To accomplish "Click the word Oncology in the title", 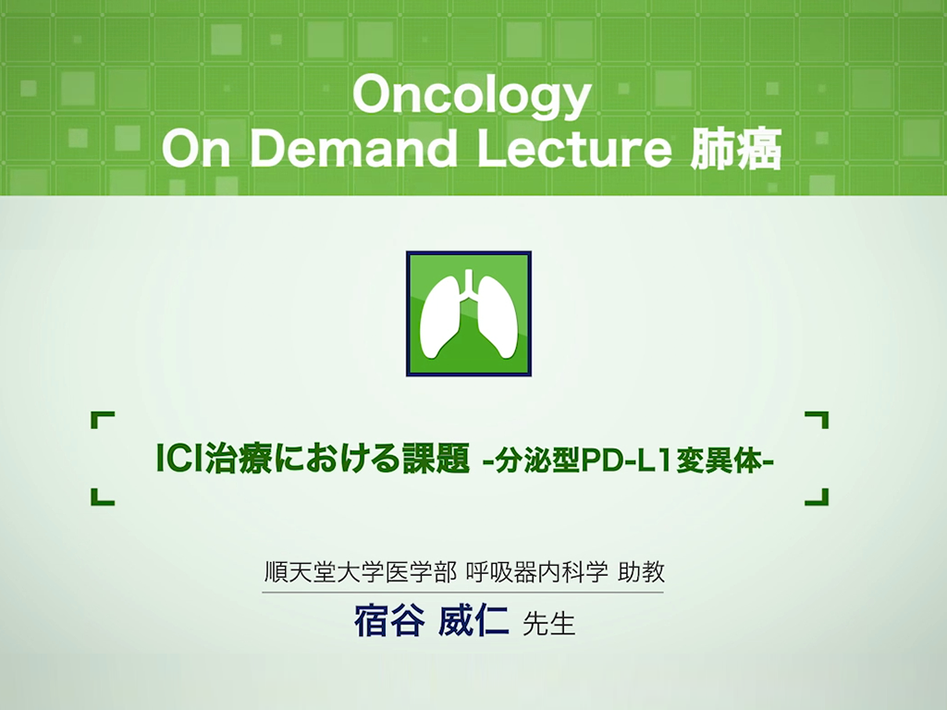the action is [x=473, y=95].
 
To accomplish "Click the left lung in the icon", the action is [x=441, y=316].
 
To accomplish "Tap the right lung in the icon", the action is [x=497, y=316].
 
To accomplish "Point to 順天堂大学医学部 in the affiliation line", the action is [x=361, y=571].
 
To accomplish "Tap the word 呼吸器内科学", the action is [x=537, y=571].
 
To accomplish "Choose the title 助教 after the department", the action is [x=642, y=571].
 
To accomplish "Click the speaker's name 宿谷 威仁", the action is [x=431, y=621].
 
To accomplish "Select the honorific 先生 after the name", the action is [x=548, y=624].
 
